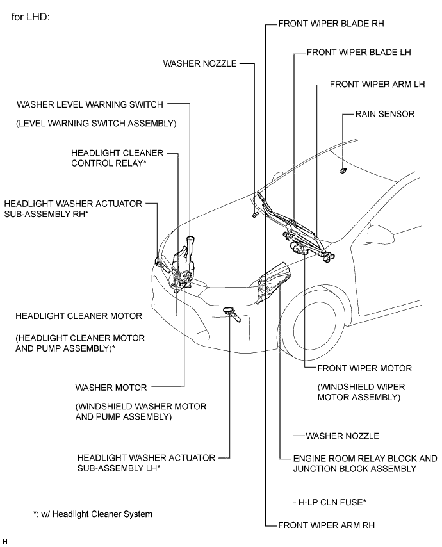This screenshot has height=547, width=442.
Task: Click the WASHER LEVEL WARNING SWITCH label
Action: [90, 104]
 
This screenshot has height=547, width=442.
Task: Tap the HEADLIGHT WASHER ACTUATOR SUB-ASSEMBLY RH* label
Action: [73, 208]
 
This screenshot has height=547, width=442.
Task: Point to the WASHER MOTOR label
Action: [111, 388]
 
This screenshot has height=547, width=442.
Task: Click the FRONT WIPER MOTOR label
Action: [359, 368]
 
